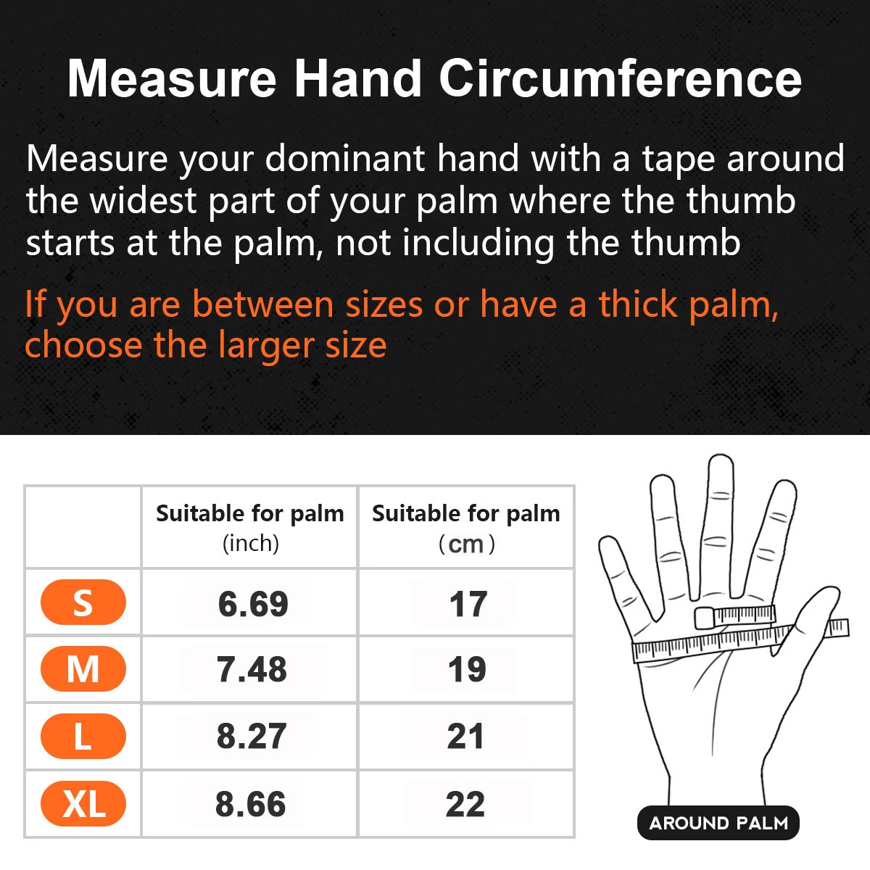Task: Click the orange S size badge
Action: pos(83,602)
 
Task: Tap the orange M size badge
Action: pos(83,668)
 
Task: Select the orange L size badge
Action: pos(83,736)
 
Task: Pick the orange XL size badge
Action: pos(83,804)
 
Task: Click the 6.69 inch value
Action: pos(253,604)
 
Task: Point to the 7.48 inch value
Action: pos(252,670)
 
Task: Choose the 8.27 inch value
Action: pos(251,737)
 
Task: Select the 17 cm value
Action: pos(468,604)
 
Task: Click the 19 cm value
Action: pos(466,670)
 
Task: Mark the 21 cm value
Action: pos(465,737)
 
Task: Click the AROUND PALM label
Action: pos(718,824)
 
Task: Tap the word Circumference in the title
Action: pos(620,78)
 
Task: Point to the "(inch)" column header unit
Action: pos(251,543)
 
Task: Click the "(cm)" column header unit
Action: pos(467,544)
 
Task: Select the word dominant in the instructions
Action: pos(344,159)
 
